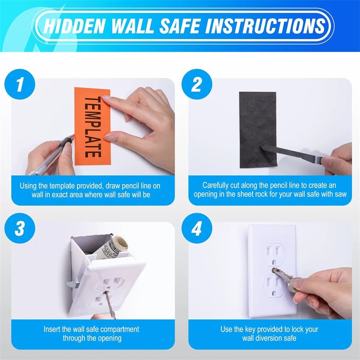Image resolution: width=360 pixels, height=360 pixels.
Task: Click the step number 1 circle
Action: [x=19, y=84]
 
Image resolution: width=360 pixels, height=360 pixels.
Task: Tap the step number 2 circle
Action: [x=196, y=84]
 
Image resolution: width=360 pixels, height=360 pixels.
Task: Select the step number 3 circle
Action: [x=19, y=229]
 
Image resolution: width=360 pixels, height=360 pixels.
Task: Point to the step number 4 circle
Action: [x=196, y=229]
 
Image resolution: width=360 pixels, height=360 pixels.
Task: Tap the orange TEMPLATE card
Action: [x=92, y=126]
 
